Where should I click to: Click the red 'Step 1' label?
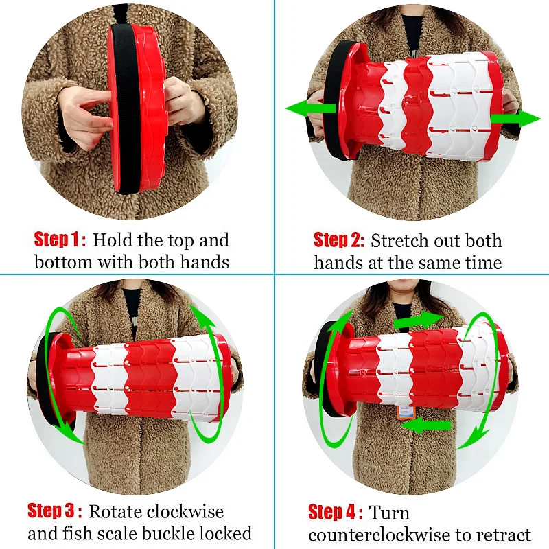coord(60,240)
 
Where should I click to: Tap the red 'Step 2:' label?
coord(338,240)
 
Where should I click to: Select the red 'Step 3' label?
coord(55,511)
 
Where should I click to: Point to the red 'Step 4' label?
coord(336,512)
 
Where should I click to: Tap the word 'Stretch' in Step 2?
coord(399,241)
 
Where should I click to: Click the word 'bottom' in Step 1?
coord(63,262)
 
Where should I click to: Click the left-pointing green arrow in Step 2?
coord(311,108)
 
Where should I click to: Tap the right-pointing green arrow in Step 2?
coord(515,118)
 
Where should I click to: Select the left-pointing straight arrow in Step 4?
coord(425,425)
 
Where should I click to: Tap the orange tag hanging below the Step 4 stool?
coord(405,411)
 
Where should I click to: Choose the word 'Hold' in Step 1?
coord(112,240)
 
